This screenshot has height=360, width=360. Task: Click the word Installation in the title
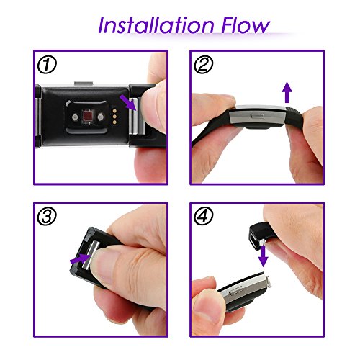tap(156, 25)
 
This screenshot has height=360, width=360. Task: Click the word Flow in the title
tap(246, 25)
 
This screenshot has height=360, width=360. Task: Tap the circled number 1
tap(47, 65)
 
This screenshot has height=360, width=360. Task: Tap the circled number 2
tap(203, 64)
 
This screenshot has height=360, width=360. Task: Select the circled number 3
tap(47, 216)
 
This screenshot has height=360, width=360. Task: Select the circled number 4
tap(203, 216)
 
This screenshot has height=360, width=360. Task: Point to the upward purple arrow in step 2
tap(287, 93)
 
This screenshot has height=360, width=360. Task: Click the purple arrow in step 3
tap(79, 258)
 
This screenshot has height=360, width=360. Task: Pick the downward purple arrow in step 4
tap(264, 256)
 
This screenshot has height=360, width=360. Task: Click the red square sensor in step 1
tap(87, 117)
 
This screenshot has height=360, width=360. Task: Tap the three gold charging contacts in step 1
tap(115, 117)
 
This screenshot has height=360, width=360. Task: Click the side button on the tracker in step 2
tap(258, 116)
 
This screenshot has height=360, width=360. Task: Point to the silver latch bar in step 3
tap(91, 256)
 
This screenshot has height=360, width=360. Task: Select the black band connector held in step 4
tap(257, 235)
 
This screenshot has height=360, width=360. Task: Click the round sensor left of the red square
tap(75, 117)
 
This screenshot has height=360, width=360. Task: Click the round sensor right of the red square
tap(101, 117)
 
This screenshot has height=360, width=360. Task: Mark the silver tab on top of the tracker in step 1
tap(84, 84)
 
